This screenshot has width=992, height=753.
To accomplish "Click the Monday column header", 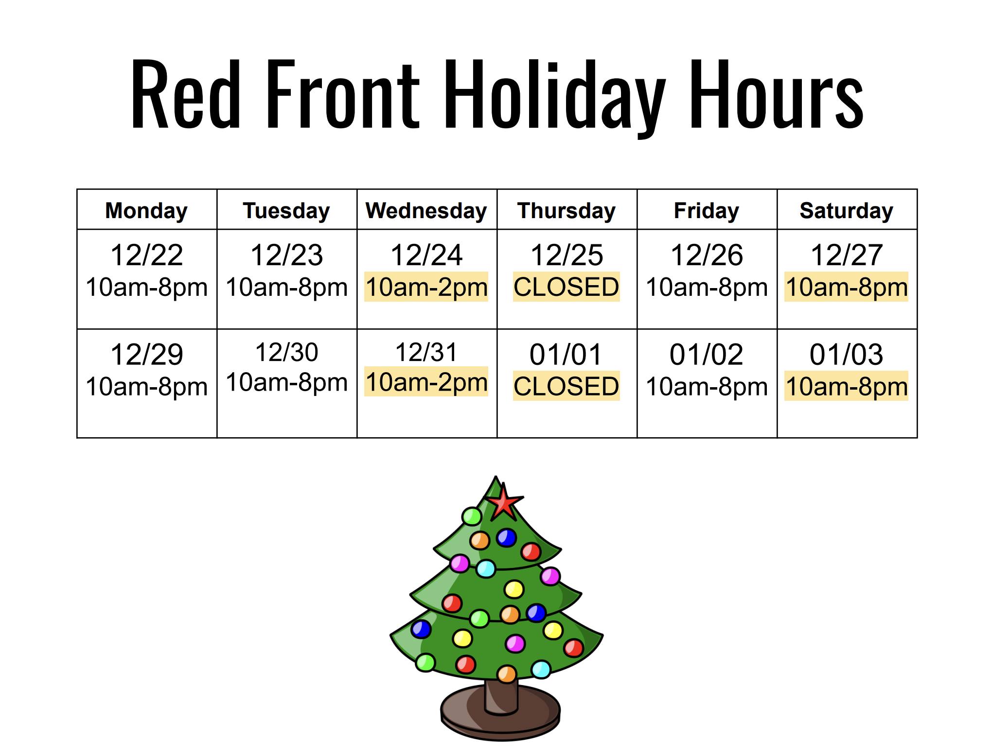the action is tap(146, 211).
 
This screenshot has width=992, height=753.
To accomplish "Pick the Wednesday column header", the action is tap(426, 211).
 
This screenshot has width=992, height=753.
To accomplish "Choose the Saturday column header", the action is tap(847, 211).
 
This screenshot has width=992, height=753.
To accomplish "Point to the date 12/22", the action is tap(147, 255).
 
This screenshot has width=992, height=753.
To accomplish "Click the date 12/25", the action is tap(567, 255).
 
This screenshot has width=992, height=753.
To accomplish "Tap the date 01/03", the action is tap(847, 354).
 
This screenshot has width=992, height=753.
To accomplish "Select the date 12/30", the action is tap(287, 352).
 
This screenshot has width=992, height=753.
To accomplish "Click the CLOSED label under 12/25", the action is tap(567, 287).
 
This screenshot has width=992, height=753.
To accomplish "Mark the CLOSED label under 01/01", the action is tap(567, 386).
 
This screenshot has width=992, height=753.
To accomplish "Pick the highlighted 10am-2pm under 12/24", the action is tap(426, 287).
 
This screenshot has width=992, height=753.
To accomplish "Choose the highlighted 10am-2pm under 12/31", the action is tap(426, 382).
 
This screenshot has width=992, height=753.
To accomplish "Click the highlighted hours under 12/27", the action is tap(847, 287).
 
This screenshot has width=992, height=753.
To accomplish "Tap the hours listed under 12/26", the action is tap(707, 287).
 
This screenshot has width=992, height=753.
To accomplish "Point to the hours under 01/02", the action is tap(707, 387).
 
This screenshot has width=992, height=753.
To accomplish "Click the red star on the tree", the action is tap(504, 501).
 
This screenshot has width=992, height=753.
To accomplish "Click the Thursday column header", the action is tap(567, 211).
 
